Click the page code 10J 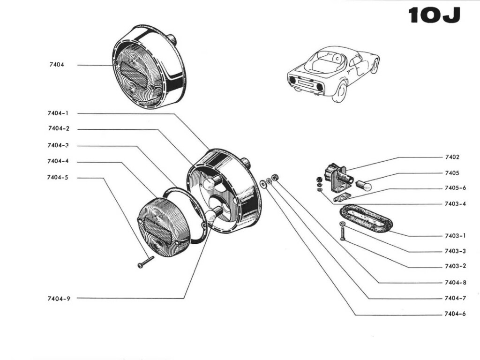(434, 15)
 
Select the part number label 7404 (56, 65)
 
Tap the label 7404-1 (58, 113)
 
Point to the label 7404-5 (58, 178)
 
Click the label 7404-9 (58, 298)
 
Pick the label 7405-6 (455, 188)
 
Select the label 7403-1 (455, 236)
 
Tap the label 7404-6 (455, 314)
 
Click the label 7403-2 (455, 266)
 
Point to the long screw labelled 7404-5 (146, 262)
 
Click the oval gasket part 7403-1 (367, 218)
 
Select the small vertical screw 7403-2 (342, 232)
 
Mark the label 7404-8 (455, 283)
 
